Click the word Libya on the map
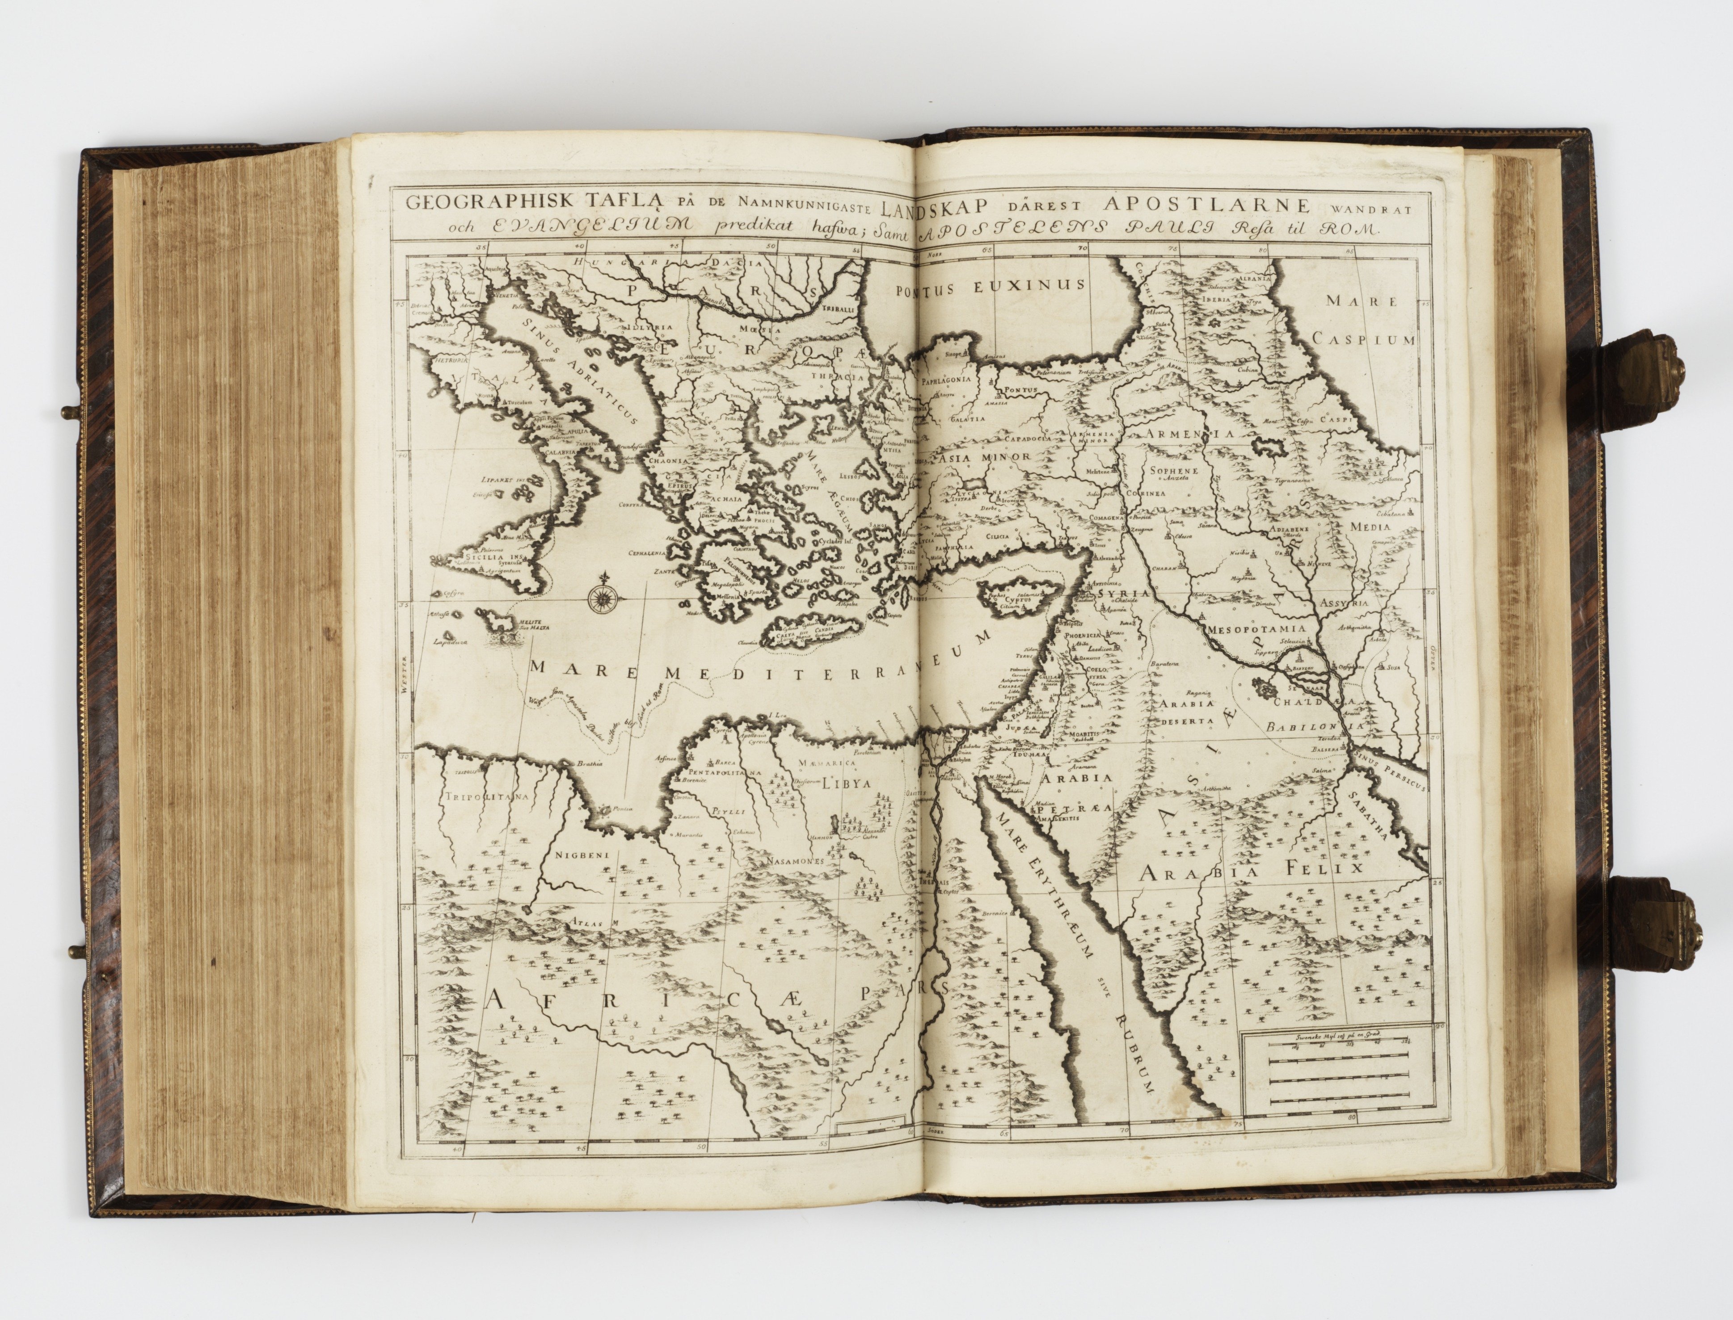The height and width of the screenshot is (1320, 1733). point(848,783)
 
